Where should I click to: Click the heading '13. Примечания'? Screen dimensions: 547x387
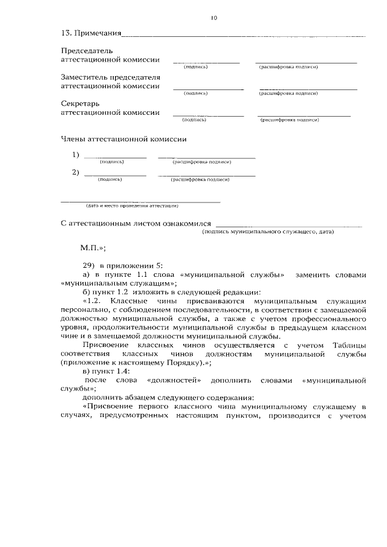point(91,33)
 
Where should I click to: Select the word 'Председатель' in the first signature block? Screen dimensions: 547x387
point(87,51)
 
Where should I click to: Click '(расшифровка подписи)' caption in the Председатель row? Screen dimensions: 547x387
point(289,66)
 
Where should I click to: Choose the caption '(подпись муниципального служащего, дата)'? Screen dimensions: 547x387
point(268,231)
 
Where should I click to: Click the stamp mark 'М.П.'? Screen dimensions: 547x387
point(93,248)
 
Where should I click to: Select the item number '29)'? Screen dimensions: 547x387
point(89,265)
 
